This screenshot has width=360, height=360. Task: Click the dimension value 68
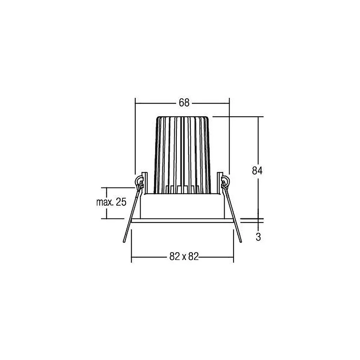184,103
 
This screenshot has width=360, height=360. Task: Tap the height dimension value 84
257,171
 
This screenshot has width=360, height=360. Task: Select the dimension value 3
258,237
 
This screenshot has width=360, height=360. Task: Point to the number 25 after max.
121,202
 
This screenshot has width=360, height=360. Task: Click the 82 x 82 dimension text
184,256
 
